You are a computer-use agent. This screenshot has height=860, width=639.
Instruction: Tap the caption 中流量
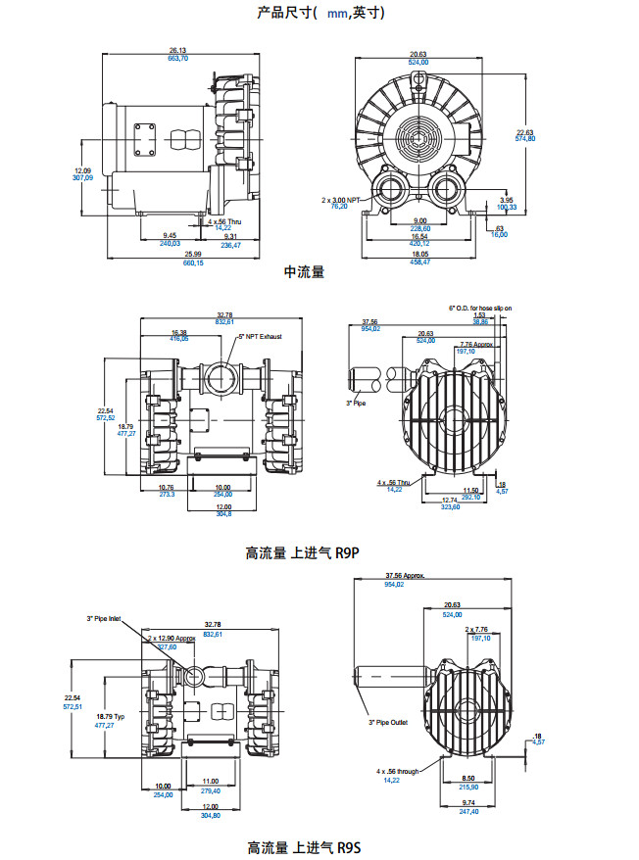[304, 270]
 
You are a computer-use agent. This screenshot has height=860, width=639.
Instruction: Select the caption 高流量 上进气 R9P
[303, 552]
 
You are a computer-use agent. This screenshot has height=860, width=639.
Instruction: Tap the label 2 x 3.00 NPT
[342, 199]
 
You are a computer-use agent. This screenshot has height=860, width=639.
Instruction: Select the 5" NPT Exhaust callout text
[259, 336]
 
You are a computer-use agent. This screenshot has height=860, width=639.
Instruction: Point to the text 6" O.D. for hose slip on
[480, 308]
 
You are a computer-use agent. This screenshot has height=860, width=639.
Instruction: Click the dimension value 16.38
[179, 331]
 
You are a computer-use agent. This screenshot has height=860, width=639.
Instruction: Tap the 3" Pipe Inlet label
[104, 619]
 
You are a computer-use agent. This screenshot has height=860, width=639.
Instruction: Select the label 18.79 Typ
[110, 717]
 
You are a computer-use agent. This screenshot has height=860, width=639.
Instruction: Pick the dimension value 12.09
[82, 170]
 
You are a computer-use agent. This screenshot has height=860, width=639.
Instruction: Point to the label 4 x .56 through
[398, 772]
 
